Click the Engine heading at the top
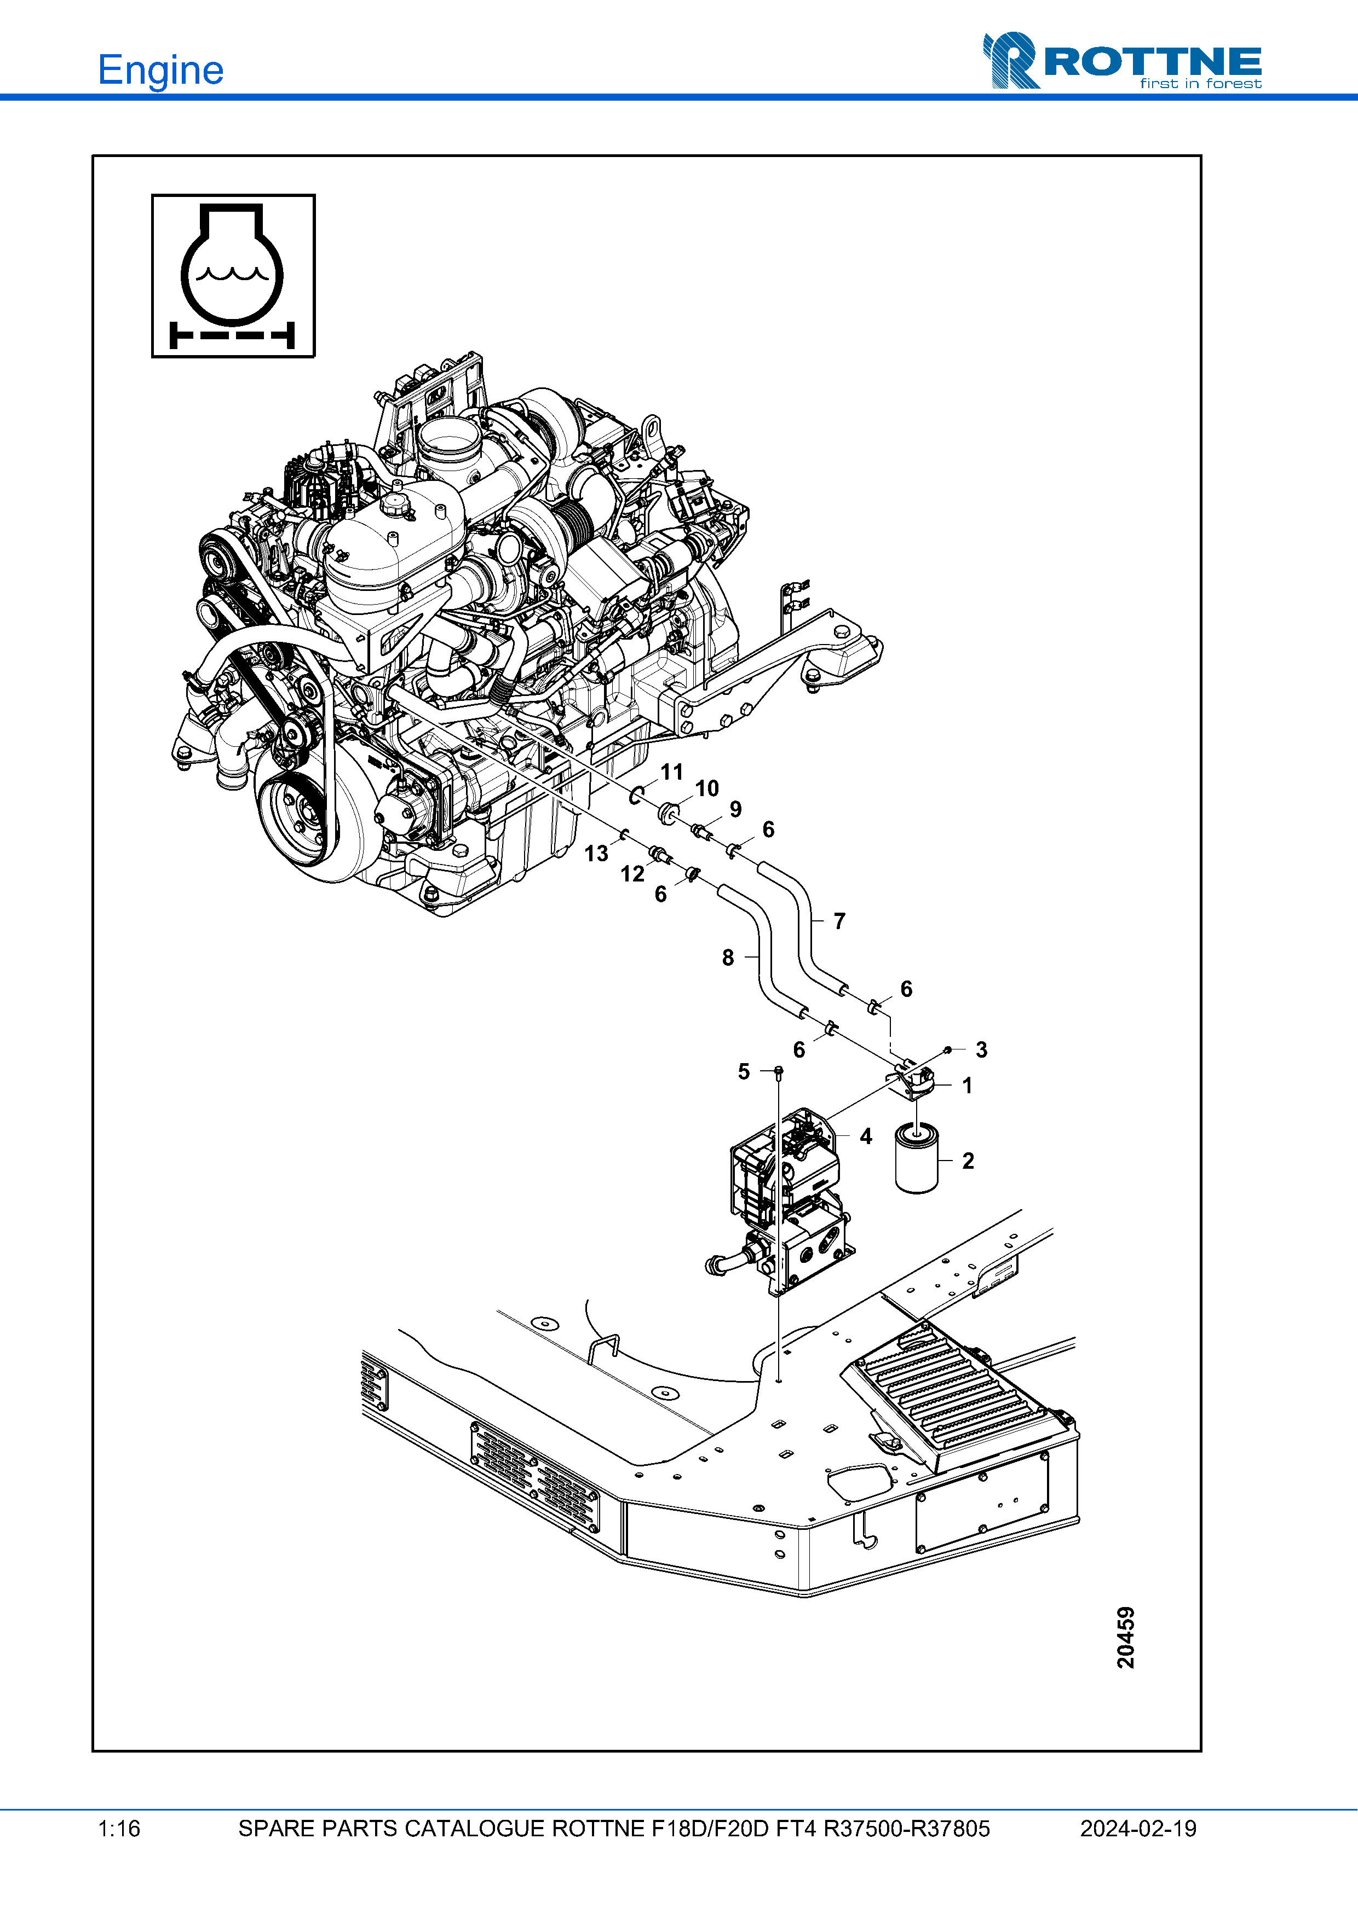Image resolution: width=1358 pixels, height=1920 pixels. tap(160, 70)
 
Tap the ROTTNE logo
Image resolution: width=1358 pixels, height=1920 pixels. tap(1122, 61)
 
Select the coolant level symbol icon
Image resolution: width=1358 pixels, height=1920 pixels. tap(233, 276)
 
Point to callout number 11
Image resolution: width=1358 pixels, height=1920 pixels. tap(672, 772)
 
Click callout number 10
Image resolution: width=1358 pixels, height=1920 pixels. tap(707, 788)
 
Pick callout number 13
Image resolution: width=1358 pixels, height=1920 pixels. tap(596, 853)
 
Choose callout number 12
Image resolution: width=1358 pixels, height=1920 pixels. tap(632, 874)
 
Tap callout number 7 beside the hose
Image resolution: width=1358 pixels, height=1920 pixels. tap(839, 921)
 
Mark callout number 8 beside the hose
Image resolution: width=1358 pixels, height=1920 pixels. tap(728, 958)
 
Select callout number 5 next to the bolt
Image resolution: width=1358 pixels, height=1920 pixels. tap(744, 1072)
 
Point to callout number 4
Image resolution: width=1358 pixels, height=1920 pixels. tap(866, 1136)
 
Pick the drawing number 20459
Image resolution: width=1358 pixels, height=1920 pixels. tap(1126, 1637)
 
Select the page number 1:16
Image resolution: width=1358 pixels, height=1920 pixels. tap(119, 1829)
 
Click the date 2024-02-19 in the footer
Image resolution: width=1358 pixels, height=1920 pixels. tap(1138, 1829)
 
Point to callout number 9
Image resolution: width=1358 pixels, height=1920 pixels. tap(735, 809)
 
